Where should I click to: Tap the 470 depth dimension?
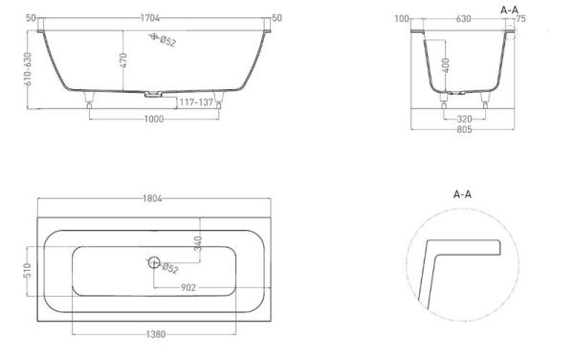click(122, 60)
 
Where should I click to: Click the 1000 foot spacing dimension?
click(153, 119)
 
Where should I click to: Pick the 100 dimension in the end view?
click(401, 18)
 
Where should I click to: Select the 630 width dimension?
click(463, 18)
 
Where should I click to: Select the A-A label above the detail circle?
click(463, 193)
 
